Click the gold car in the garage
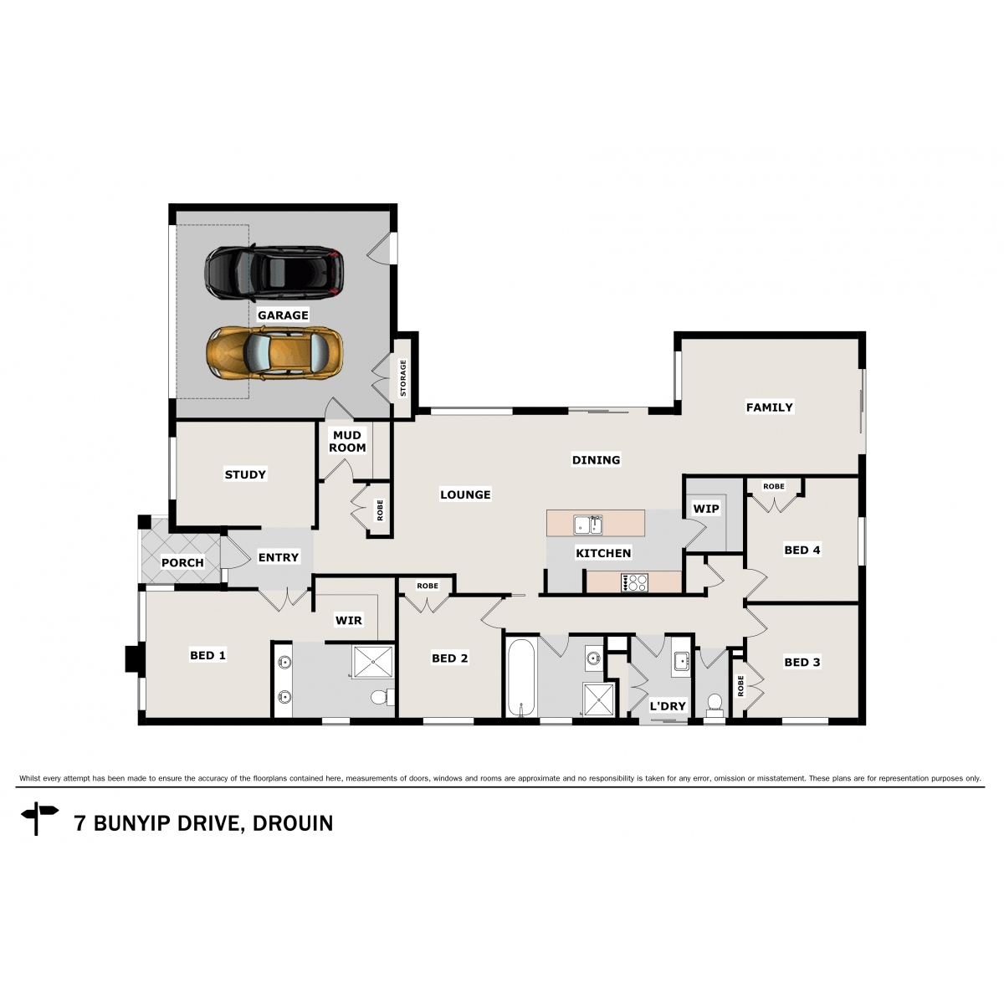tap(274, 352)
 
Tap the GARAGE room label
tap(283, 315)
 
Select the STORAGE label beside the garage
tap(402, 377)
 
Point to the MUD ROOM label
tap(347, 441)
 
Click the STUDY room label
tap(245, 474)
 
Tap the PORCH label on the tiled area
tap(182, 562)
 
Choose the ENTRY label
tap(279, 557)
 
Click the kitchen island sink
tap(588, 525)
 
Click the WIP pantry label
tap(705, 509)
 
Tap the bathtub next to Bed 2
tap(521, 678)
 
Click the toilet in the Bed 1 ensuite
tap(381, 696)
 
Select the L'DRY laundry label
tap(668, 706)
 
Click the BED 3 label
tap(802, 662)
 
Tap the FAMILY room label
tap(769, 407)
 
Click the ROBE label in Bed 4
tap(773, 486)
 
